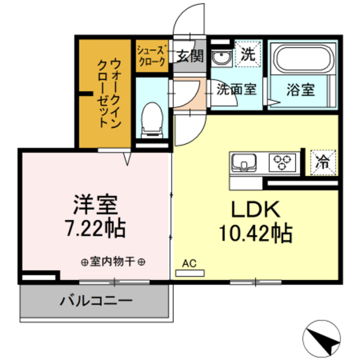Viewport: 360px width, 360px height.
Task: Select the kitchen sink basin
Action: pyautogui.click(x=243, y=163)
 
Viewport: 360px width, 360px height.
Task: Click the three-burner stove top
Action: pyautogui.click(x=282, y=163)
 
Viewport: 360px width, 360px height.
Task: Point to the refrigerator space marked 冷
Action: pyautogui.click(x=324, y=162)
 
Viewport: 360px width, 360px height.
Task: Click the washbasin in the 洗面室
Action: pyautogui.click(x=220, y=57)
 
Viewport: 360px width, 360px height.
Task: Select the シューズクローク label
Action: pyautogui.click(x=151, y=55)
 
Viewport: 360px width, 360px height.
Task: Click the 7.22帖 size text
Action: pyautogui.click(x=95, y=228)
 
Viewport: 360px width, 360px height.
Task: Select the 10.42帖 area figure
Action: pyautogui.click(x=256, y=231)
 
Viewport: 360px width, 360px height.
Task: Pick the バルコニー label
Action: pyautogui.click(x=96, y=300)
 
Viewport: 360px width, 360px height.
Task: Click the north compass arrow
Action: pyautogui.click(x=323, y=337)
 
